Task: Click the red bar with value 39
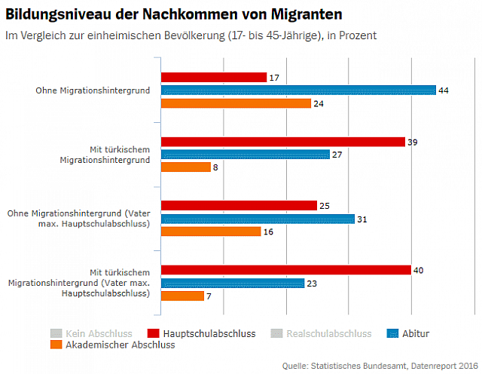pyautogui.click(x=283, y=142)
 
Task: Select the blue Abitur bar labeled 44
pyautogui.click(x=299, y=90)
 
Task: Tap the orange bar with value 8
pyautogui.click(x=186, y=167)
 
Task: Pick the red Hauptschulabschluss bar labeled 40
pyautogui.click(x=286, y=270)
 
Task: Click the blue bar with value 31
pyautogui.click(x=258, y=219)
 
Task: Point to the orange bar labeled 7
pyautogui.click(x=183, y=296)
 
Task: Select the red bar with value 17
pyautogui.click(x=214, y=78)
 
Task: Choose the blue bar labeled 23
pyautogui.click(x=233, y=284)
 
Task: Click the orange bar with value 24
pyautogui.click(x=236, y=103)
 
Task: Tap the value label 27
pyautogui.click(x=337, y=155)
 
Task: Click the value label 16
pyautogui.click(x=269, y=231)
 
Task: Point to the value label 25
pyautogui.click(x=325, y=206)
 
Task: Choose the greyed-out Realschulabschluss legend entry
pyautogui.click(x=329, y=333)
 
